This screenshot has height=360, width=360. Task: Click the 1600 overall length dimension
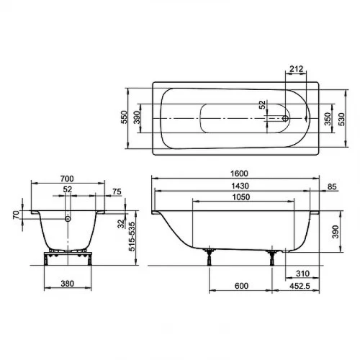click(x=240, y=174)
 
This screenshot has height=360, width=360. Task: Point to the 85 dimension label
click(x=332, y=188)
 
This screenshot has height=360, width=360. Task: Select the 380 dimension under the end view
click(x=68, y=283)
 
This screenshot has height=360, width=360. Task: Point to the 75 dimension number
click(x=117, y=191)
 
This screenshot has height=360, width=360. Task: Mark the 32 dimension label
click(x=120, y=223)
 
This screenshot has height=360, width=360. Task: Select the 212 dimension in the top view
click(x=296, y=70)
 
